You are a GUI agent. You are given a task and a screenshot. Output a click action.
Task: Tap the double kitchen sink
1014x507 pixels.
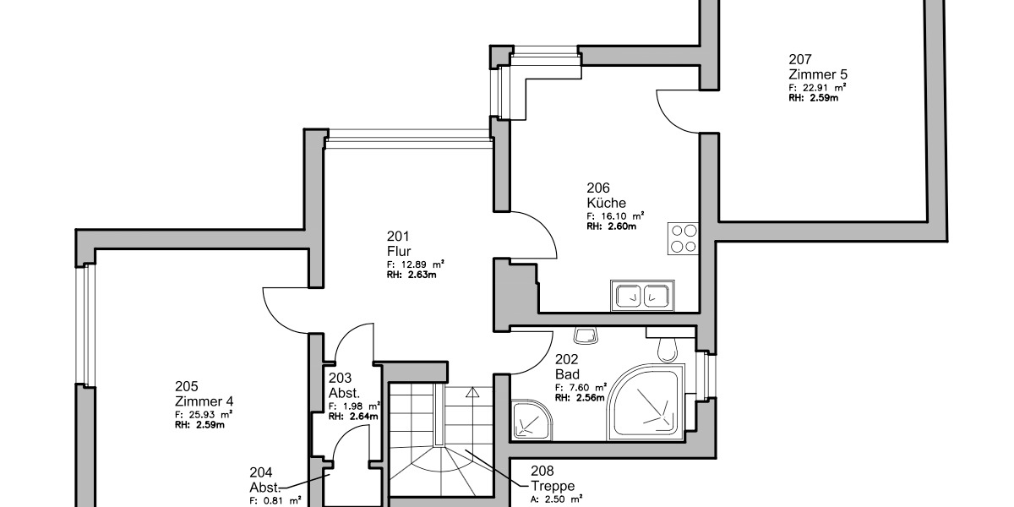pyautogui.click(x=641, y=297)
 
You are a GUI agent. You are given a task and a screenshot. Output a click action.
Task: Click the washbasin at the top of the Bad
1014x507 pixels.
pyautogui.click(x=584, y=335)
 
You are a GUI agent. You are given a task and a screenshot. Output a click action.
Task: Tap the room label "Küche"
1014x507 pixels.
pyautogui.click(x=606, y=203)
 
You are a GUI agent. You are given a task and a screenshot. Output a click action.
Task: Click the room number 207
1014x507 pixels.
pyautogui.click(x=800, y=59)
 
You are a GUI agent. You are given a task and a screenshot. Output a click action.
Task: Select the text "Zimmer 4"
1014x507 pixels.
pyautogui.click(x=204, y=401)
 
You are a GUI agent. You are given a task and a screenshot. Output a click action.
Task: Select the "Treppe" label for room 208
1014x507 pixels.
pyautogui.click(x=553, y=486)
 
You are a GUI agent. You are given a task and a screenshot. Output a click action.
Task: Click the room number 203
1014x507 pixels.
pyautogui.click(x=341, y=379)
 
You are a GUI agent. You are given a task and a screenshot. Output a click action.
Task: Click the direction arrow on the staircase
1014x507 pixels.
pyautogui.click(x=472, y=392)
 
